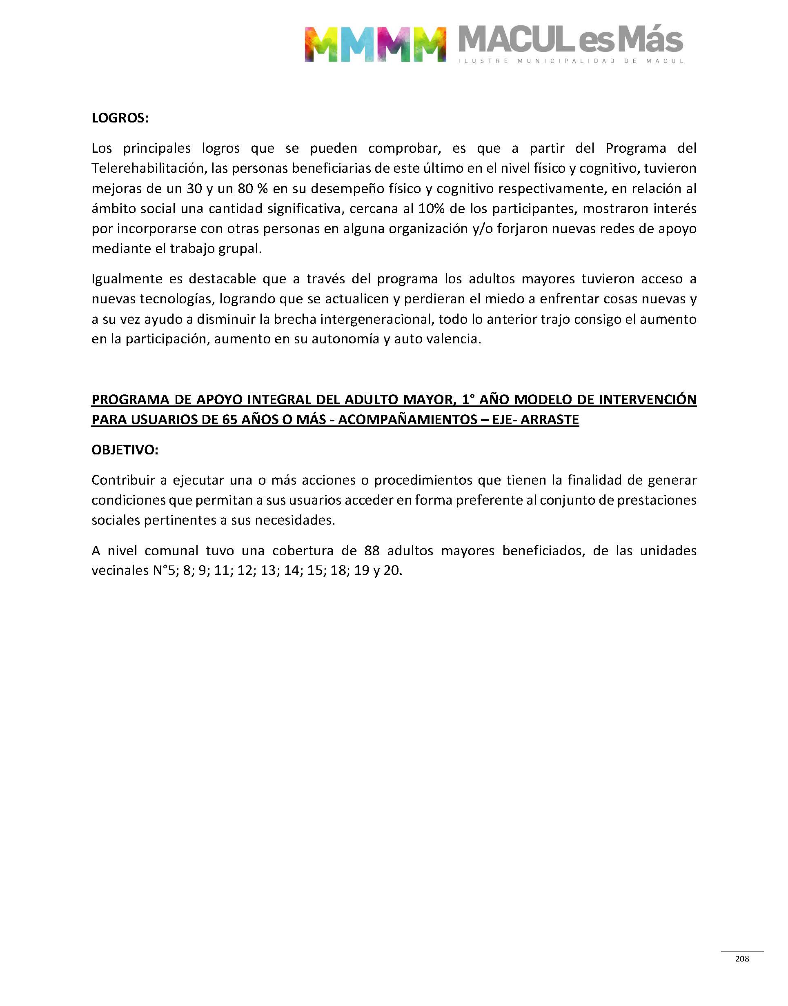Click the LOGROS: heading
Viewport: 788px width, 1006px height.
point(120,118)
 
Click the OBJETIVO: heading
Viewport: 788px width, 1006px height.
point(125,450)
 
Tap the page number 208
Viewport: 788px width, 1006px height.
point(742,959)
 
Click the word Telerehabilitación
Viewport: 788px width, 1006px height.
point(149,168)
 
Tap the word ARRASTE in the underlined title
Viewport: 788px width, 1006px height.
point(550,420)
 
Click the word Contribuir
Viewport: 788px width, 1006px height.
point(123,480)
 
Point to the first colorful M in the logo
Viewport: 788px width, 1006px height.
point(322,45)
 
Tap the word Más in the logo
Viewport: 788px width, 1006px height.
point(650,40)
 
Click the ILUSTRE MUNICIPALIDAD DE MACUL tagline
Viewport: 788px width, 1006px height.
point(571,61)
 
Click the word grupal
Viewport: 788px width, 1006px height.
point(240,249)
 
